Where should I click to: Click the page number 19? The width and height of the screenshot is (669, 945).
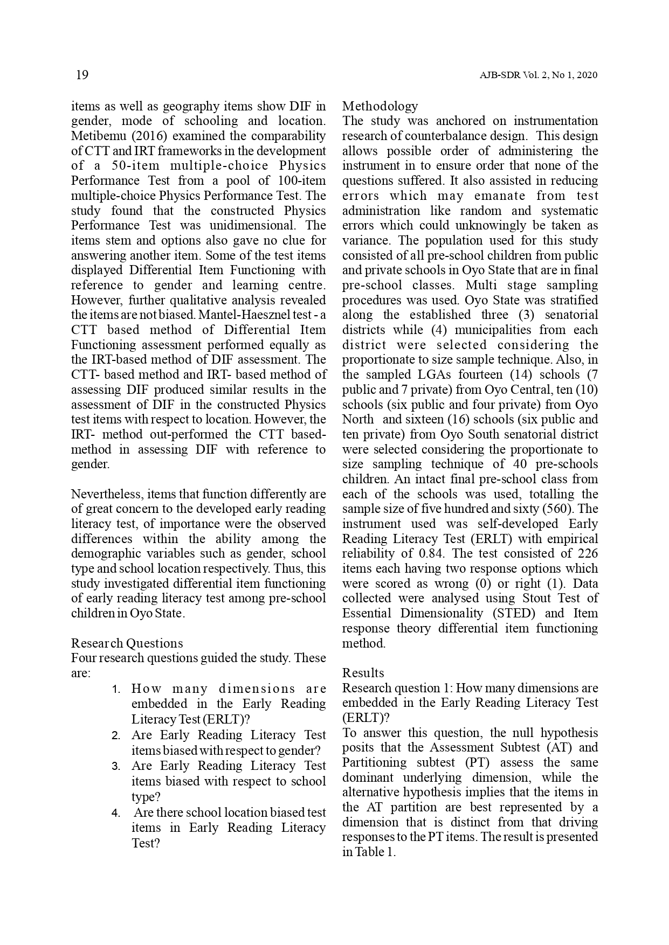point(82,75)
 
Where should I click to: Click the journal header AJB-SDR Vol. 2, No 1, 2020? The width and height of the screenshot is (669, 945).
point(539,75)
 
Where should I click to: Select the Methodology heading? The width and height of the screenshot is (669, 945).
point(380,106)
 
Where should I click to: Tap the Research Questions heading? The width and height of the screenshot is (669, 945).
point(127,643)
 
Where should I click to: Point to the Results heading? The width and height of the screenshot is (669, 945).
point(363,673)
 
